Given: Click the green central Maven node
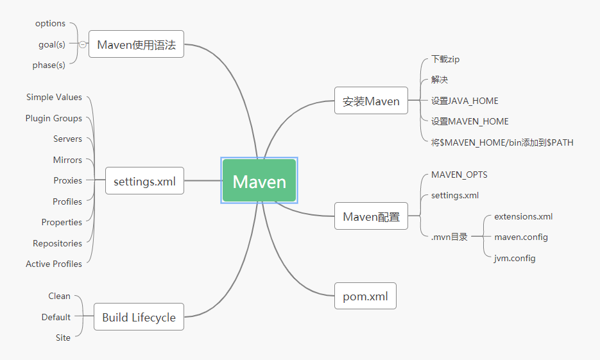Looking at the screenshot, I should coord(259,182).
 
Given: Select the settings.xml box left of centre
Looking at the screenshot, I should coord(144,182).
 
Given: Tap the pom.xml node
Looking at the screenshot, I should coord(365,296).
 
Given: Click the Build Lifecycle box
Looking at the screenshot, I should coord(139,317).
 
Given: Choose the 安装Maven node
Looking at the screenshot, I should coord(371,101).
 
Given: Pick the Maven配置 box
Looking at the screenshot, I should coord(371,216).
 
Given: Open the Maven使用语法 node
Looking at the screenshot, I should coord(136,44).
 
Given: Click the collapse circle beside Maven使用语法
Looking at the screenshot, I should coord(83,44).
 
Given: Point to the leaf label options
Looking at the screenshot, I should coord(50,24).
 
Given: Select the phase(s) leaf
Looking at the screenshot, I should coord(49,65).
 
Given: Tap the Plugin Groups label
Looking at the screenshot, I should coord(54,118).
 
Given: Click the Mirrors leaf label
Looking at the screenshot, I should coord(67,160).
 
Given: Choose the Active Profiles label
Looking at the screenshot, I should coord(54,264).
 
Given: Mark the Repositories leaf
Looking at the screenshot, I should coord(57,243).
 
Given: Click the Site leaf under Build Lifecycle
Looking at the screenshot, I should coord(63,338).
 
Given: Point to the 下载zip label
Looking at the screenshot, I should coord(445,59).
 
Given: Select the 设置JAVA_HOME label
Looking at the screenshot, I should coord(465,101).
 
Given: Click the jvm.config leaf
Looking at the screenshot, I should coord(515,258).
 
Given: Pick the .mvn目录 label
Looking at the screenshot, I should coord(449,237).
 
